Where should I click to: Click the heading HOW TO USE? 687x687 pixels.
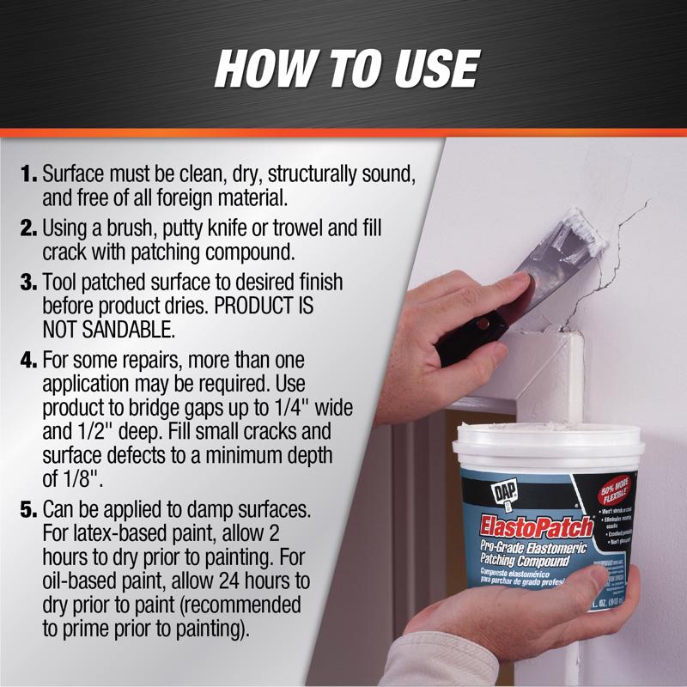coord(345,68)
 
